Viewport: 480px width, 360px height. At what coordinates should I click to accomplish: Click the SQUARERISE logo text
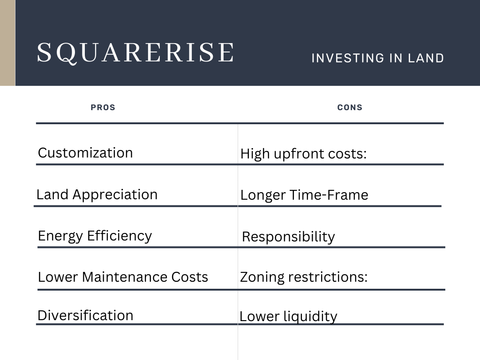[x=135, y=52]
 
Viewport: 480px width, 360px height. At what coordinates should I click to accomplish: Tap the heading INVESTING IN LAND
[x=377, y=58]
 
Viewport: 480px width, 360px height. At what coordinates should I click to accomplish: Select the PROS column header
[x=103, y=107]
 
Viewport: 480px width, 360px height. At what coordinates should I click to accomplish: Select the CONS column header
[x=350, y=107]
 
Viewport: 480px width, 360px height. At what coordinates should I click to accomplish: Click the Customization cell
[x=85, y=153]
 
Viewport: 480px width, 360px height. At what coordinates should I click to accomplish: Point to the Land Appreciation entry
[x=97, y=195]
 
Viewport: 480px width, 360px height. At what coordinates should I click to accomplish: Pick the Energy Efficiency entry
[x=95, y=236]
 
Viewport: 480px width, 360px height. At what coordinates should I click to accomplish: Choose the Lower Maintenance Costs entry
[x=123, y=277]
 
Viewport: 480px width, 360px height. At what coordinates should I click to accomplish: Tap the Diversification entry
[x=85, y=315]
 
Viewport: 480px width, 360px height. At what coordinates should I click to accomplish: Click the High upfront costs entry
[x=303, y=154]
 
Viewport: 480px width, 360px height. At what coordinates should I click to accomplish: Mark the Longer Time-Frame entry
[x=304, y=195]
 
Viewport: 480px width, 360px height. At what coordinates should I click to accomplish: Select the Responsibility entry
[x=288, y=237]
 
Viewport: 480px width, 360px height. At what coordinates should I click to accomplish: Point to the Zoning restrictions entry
[x=304, y=277]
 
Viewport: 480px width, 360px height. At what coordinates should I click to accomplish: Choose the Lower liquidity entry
[x=288, y=316]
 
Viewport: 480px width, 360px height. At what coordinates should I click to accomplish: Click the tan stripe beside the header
[x=7, y=43]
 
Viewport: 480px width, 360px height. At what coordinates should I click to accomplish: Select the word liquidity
[x=310, y=317]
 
